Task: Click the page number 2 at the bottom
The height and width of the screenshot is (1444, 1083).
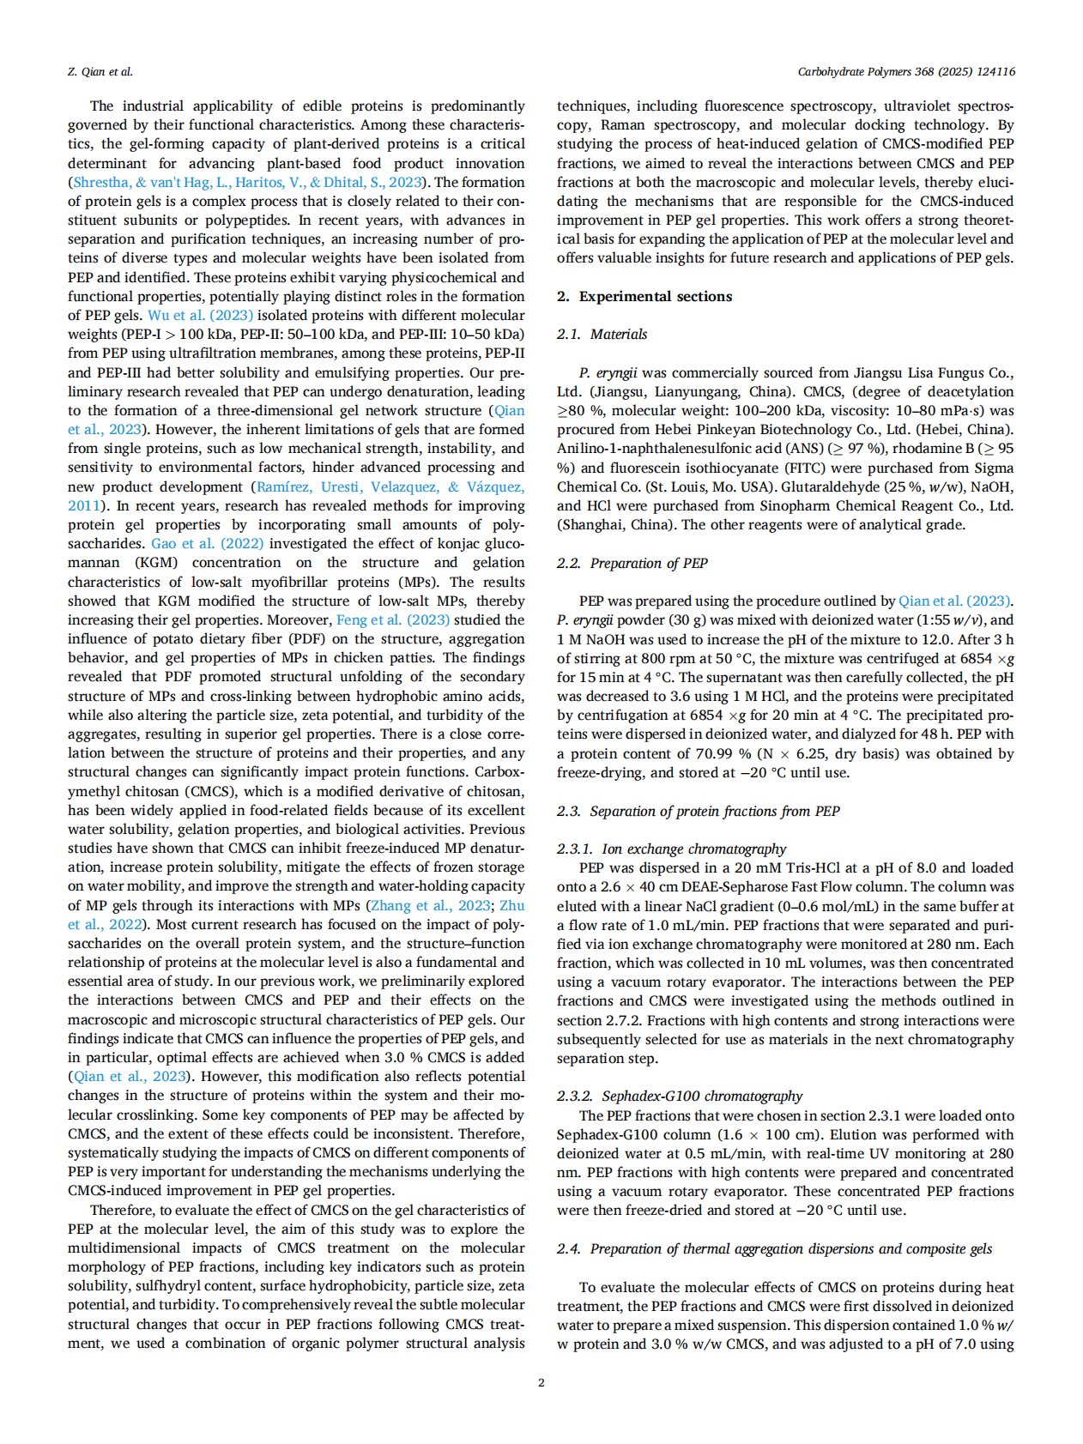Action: (x=541, y=1382)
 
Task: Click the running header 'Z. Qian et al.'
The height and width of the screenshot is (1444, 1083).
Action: (x=100, y=72)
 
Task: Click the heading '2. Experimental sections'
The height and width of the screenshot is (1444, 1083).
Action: (x=644, y=297)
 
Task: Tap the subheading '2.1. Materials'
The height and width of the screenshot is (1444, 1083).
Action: (x=602, y=335)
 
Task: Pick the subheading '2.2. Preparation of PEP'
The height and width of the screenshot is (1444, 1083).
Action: (x=632, y=564)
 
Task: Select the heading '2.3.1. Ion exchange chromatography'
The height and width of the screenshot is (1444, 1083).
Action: (x=671, y=849)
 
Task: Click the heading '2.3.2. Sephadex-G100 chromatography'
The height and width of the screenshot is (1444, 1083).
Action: (x=680, y=1097)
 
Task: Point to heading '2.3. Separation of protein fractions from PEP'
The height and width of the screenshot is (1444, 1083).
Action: (x=699, y=812)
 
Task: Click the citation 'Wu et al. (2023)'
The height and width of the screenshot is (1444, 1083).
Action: (x=200, y=316)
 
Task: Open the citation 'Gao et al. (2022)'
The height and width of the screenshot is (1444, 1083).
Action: (x=207, y=544)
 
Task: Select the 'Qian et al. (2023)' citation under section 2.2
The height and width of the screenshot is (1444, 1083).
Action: (x=954, y=601)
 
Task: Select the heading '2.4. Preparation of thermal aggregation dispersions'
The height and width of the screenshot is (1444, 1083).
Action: (x=774, y=1249)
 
